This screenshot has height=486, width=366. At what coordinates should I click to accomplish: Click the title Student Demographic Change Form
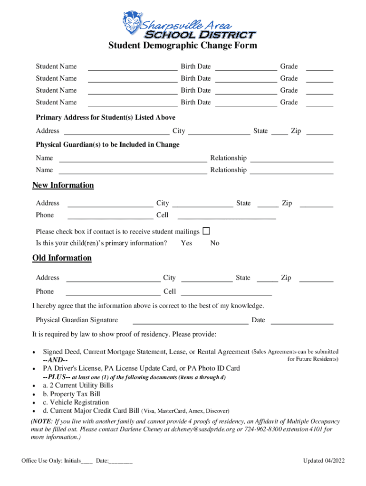(183, 46)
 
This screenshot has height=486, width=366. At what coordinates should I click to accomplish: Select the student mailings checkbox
(206, 231)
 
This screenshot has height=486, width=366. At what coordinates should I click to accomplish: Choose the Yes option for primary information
(186, 243)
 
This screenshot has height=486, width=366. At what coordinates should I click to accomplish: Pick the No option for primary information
(215, 243)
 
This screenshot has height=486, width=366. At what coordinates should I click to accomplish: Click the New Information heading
(63, 185)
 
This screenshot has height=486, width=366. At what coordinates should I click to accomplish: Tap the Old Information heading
(62, 258)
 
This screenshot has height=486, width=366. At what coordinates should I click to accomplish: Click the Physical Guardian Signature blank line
(190, 320)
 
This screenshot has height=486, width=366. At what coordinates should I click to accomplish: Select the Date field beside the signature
(301, 320)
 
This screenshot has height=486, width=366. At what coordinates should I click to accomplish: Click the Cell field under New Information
(226, 215)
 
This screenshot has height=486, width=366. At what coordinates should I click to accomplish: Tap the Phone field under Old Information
(113, 291)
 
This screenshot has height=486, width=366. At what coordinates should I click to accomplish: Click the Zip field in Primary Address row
(319, 131)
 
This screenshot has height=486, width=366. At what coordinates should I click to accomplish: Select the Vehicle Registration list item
(76, 402)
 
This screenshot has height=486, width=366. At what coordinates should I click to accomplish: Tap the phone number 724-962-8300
(267, 429)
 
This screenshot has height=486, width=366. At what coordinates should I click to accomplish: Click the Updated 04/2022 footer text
(324, 461)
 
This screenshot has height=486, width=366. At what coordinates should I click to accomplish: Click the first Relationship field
(291, 158)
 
